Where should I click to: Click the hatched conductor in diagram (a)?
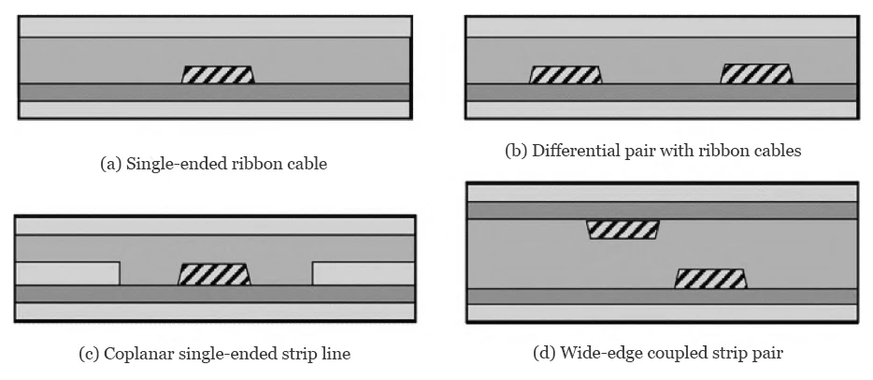pyautogui.click(x=218, y=75)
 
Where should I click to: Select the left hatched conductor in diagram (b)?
pyautogui.click(x=565, y=75)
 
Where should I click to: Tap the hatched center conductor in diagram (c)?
pyautogui.click(x=214, y=274)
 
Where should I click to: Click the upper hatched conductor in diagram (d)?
pyautogui.click(x=622, y=229)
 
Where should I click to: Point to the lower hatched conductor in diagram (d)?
pyautogui.click(x=710, y=278)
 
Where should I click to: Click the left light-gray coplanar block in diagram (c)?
pyautogui.click(x=68, y=272)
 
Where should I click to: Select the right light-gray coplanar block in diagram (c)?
pyautogui.click(x=363, y=272)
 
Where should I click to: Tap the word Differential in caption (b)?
pyautogui.click(x=570, y=151)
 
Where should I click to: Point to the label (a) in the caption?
pyautogui.click(x=110, y=164)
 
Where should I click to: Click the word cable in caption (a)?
pyautogui.click(x=306, y=164)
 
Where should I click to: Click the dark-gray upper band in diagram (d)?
pyautogui.click(x=662, y=211)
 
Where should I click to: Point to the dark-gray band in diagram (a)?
pyautogui.click(x=214, y=92)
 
